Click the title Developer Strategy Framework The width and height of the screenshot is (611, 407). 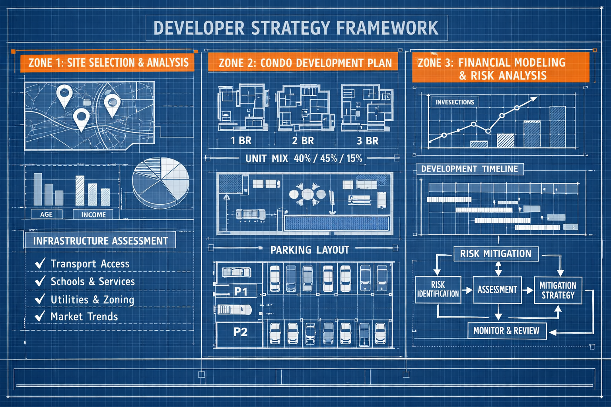(x=296, y=28)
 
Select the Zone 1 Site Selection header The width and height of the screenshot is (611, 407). (x=108, y=63)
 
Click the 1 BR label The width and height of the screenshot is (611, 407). (x=241, y=141)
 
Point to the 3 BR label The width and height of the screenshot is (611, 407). (x=368, y=141)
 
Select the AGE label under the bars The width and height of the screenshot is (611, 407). (x=47, y=214)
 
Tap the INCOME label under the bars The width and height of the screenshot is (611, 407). (x=93, y=215)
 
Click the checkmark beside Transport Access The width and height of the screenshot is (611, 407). (x=40, y=263)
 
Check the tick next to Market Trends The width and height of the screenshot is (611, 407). (x=40, y=316)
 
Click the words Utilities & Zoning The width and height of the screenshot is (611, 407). (x=92, y=299)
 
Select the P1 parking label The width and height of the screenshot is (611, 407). (x=241, y=291)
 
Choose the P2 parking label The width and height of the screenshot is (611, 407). (x=240, y=332)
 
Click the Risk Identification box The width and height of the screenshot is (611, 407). (x=438, y=289)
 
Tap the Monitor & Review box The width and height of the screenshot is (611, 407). (x=506, y=331)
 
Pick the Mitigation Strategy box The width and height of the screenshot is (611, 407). (x=558, y=290)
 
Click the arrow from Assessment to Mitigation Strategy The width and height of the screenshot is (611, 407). (x=528, y=290)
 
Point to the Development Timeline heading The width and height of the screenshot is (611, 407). (x=469, y=169)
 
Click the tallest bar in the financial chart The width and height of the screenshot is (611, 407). (x=558, y=126)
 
